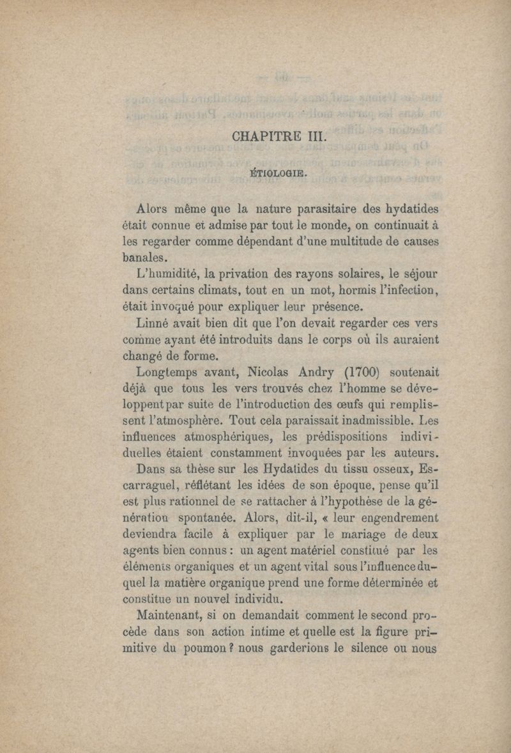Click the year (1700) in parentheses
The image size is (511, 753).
(362, 371)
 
